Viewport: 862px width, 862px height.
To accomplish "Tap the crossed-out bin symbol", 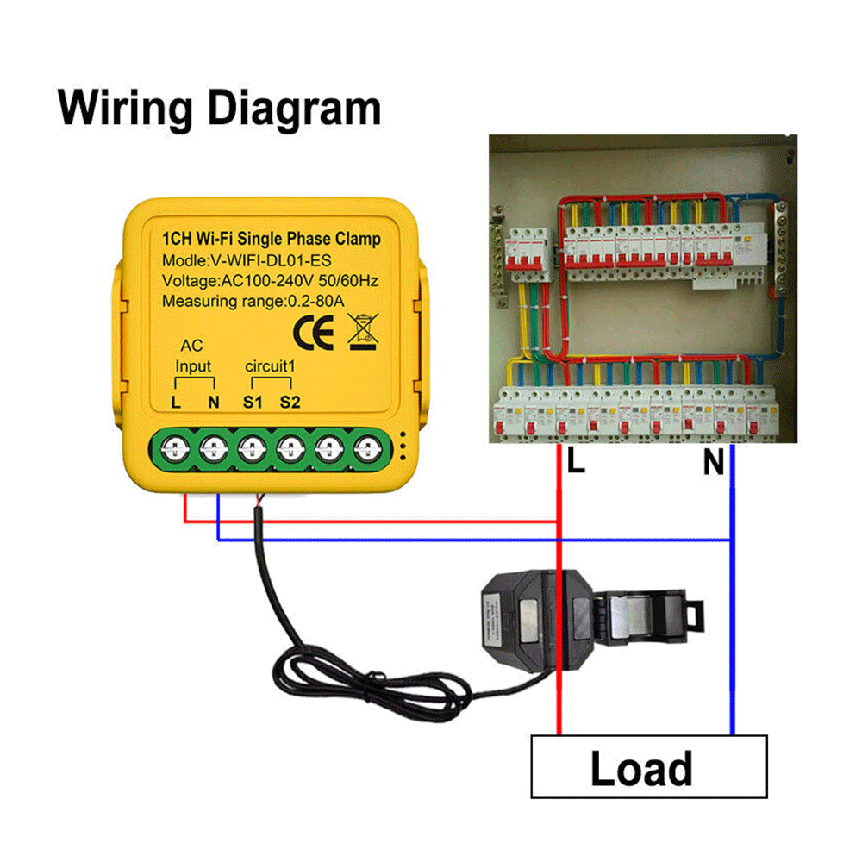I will click(x=362, y=332).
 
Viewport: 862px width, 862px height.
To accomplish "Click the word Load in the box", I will click(x=641, y=768).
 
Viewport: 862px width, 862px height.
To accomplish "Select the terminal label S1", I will click(x=252, y=402).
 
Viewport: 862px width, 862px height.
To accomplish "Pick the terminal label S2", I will click(x=290, y=402).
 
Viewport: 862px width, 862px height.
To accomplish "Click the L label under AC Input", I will click(x=176, y=402).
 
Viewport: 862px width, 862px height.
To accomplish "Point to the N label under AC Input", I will click(x=213, y=402).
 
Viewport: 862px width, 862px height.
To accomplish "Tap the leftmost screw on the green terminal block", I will click(x=175, y=447).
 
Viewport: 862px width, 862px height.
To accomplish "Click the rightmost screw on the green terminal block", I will click(x=369, y=447).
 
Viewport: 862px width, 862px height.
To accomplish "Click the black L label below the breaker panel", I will click(x=576, y=463).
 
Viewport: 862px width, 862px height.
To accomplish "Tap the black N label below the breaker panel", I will click(x=713, y=464).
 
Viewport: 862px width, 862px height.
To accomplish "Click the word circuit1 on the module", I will click(x=270, y=366).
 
